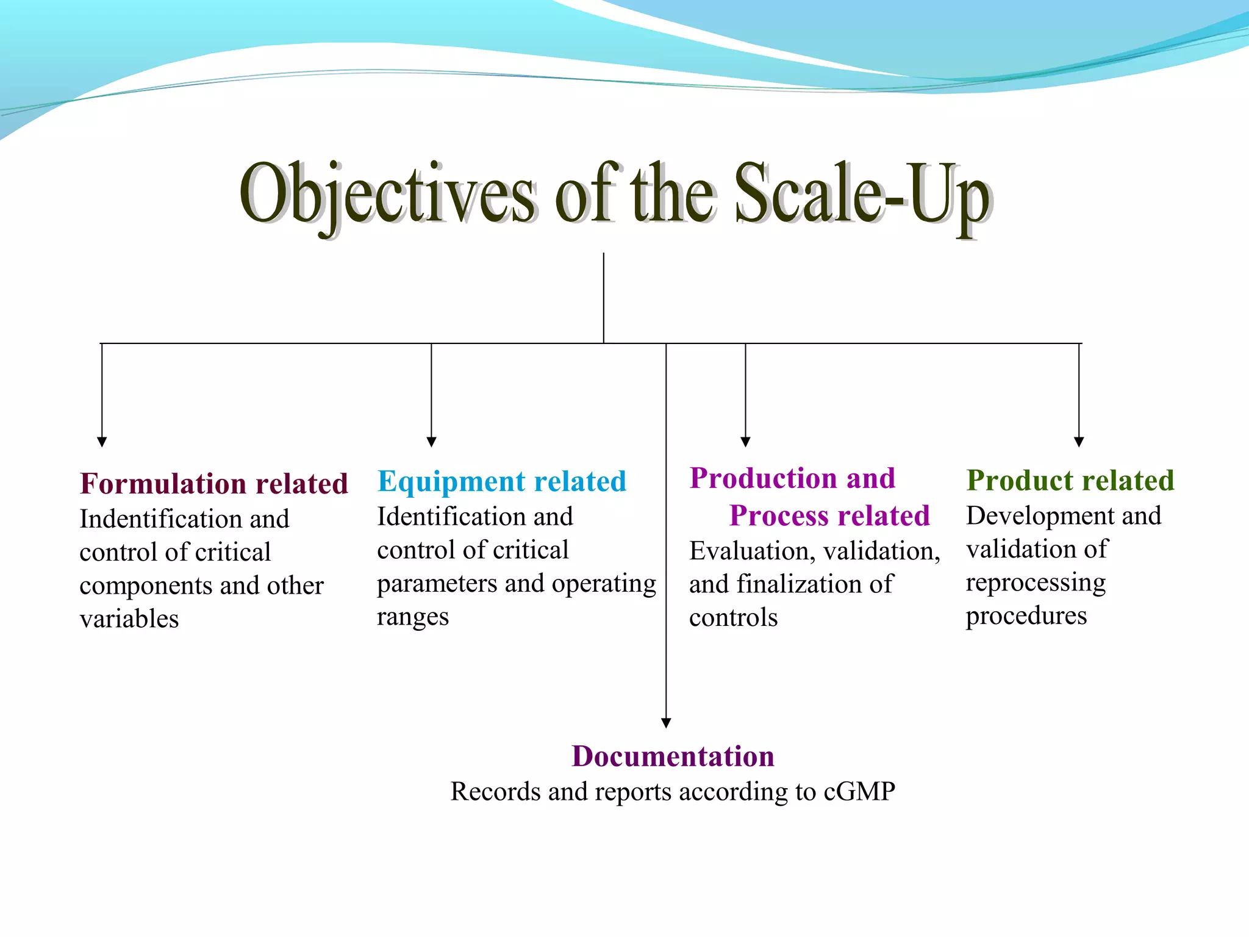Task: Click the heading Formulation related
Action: click(x=213, y=484)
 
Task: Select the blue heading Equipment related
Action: click(x=501, y=481)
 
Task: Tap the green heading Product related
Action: click(x=1070, y=480)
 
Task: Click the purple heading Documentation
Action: click(x=673, y=756)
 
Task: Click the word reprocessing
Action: click(x=1035, y=583)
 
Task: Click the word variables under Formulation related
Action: click(x=129, y=619)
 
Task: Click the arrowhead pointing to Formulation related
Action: click(x=102, y=442)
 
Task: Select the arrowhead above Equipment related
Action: click(x=431, y=442)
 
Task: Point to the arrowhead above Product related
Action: click(x=1079, y=442)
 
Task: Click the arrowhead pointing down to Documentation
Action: click(x=666, y=723)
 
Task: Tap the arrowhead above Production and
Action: click(x=745, y=442)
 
